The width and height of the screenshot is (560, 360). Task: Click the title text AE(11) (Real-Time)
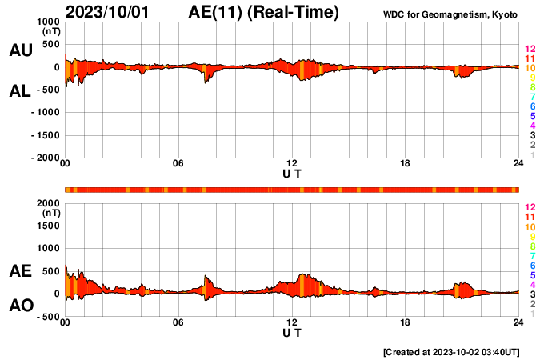(x=264, y=12)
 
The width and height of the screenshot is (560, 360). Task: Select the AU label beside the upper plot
(x=20, y=50)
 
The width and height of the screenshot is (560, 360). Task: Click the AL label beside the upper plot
(x=20, y=91)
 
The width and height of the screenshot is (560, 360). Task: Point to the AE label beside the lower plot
(x=20, y=272)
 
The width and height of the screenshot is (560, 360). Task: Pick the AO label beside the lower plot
(x=20, y=306)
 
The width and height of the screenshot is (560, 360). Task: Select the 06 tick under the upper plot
(x=178, y=164)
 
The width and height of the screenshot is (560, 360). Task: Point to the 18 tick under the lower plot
(x=406, y=322)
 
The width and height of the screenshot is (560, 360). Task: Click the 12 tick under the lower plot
(x=292, y=322)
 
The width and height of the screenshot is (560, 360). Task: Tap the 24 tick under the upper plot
(x=518, y=164)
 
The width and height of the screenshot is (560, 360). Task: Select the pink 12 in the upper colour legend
(x=529, y=49)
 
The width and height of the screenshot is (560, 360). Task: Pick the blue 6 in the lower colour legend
(x=531, y=265)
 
